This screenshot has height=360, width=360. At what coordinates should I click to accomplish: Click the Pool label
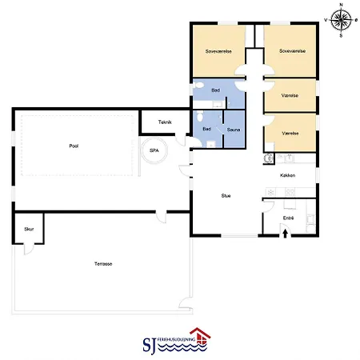[74, 146]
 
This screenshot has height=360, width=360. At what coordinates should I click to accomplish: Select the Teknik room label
[165, 122]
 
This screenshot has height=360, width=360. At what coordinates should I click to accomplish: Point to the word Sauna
[234, 129]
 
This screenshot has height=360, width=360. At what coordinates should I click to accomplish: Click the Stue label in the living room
[226, 195]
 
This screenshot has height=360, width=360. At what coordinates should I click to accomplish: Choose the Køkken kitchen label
[289, 175]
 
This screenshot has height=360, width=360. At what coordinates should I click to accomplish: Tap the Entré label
[289, 217]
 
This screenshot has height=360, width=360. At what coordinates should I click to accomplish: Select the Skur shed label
[29, 229]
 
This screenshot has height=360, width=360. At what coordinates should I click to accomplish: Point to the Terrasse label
[102, 263]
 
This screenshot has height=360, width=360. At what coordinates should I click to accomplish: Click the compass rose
[342, 20]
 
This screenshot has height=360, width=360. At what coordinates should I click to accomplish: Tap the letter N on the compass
[342, 6]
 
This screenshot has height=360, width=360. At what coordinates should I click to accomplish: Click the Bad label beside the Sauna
[206, 129]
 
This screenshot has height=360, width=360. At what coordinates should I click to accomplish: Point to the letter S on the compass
[342, 36]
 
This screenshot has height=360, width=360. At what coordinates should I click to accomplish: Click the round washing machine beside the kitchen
[268, 158]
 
